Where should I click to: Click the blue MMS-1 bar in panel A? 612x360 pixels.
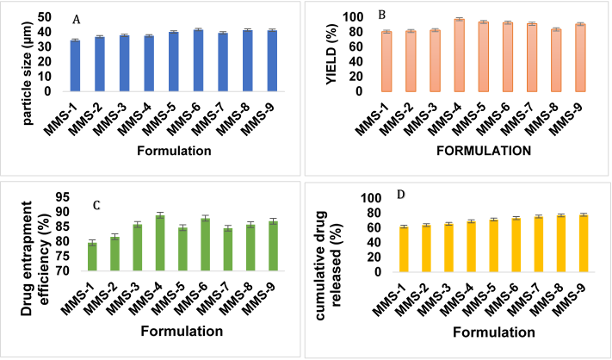click(x=75, y=65)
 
